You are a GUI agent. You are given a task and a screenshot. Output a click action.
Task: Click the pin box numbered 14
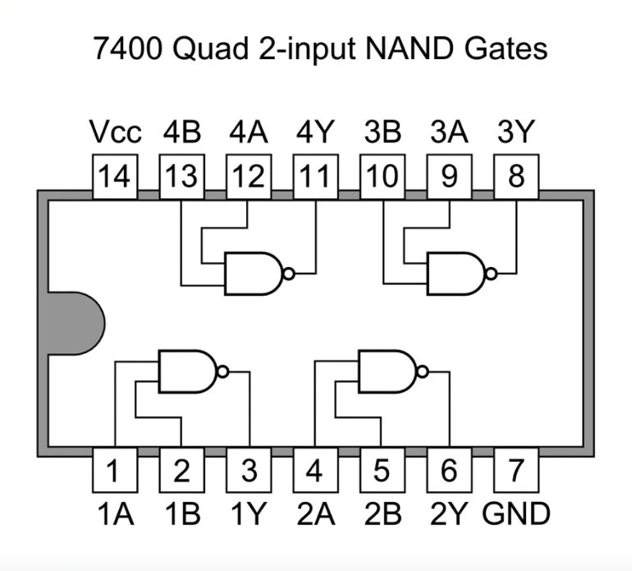click(x=115, y=177)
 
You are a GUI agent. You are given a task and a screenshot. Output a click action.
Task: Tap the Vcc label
click(x=115, y=131)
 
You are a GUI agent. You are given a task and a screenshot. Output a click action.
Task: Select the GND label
click(x=516, y=513)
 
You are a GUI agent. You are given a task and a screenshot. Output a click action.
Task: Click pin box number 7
click(x=516, y=470)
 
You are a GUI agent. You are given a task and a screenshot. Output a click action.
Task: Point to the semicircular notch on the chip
click(x=76, y=324)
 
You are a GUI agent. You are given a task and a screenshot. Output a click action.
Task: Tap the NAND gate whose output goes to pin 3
click(x=194, y=371)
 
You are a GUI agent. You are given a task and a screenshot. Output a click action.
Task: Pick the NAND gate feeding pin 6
click(x=393, y=371)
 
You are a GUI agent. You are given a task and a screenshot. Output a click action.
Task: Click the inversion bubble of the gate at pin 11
click(x=289, y=274)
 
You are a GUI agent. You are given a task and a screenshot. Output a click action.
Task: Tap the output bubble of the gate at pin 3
click(x=223, y=371)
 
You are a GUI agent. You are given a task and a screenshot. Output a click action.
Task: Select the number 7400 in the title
click(x=128, y=48)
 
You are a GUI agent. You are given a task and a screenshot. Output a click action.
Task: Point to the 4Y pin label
click(x=315, y=131)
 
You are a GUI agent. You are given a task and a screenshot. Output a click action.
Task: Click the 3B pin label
click(x=382, y=131)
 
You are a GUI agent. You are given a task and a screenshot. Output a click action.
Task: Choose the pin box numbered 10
click(x=382, y=177)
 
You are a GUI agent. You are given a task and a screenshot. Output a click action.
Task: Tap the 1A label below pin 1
click(x=115, y=513)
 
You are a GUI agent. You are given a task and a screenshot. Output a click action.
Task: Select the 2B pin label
click(x=382, y=513)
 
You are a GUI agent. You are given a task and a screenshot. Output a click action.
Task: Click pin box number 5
click(x=382, y=470)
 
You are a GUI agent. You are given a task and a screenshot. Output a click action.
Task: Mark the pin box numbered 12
click(x=249, y=177)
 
